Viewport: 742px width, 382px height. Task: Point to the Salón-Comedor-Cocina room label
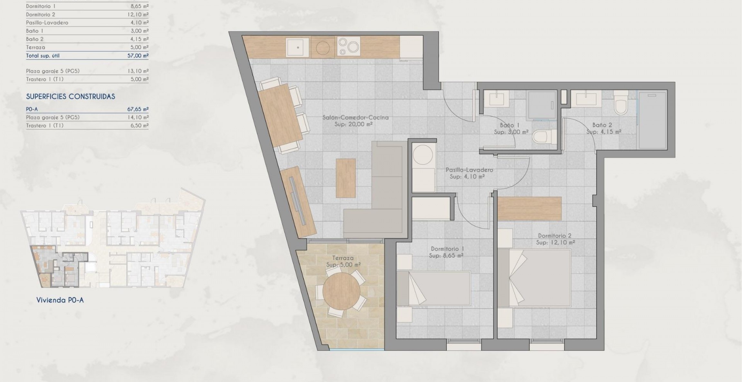(x=355, y=118)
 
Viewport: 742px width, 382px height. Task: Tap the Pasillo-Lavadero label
(x=469, y=170)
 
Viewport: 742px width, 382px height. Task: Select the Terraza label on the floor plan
(x=343, y=258)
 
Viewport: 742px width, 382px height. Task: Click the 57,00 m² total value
(x=138, y=55)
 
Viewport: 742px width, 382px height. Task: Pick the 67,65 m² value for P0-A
(x=138, y=109)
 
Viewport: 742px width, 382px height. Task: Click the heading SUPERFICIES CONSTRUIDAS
(x=71, y=96)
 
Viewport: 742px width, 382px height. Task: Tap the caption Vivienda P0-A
(x=60, y=300)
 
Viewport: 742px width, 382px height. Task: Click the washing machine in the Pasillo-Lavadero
(x=423, y=157)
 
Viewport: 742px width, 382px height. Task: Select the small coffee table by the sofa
(x=346, y=178)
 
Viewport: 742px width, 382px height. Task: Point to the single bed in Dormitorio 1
(x=433, y=288)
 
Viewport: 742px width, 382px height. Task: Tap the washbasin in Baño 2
(x=586, y=98)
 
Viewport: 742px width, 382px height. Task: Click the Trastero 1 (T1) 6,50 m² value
(x=138, y=125)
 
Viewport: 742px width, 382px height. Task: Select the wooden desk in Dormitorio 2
(x=529, y=208)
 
